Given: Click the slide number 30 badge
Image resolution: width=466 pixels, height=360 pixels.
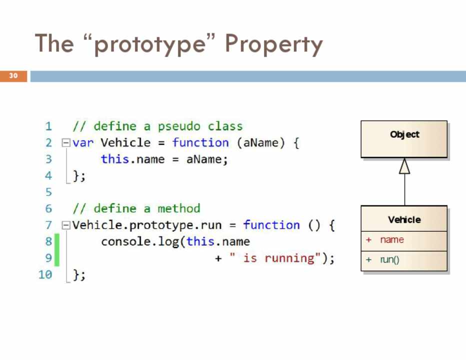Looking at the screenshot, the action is (x=13, y=76).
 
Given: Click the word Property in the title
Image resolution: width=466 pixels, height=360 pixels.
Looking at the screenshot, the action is (x=273, y=44).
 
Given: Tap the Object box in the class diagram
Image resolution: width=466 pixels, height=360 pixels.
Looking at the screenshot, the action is (x=404, y=139).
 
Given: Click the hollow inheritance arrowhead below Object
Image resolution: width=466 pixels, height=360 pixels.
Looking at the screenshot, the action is (x=404, y=166).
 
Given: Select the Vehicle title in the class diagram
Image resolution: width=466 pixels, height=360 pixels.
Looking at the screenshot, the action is (x=404, y=219).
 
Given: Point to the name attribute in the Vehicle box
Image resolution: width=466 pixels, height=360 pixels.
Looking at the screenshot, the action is (x=392, y=239).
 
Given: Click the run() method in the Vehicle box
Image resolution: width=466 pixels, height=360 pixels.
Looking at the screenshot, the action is (x=389, y=260).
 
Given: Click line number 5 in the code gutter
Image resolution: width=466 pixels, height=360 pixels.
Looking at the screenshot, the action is (x=48, y=192).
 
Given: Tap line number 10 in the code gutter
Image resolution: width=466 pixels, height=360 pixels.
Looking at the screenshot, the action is (x=45, y=274).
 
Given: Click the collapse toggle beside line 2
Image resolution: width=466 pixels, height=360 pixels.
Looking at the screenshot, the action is (x=65, y=143).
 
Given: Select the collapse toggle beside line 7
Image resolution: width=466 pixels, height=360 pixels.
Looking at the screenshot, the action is (x=65, y=225).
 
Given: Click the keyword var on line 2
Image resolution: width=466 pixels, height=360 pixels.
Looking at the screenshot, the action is (x=83, y=143).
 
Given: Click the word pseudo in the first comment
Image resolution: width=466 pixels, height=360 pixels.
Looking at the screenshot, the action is (x=179, y=127).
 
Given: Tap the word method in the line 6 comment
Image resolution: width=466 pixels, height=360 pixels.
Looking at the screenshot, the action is (x=179, y=208).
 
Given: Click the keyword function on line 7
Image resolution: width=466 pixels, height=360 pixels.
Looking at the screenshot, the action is (x=271, y=225).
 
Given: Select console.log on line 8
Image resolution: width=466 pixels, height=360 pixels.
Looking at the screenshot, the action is (x=140, y=242).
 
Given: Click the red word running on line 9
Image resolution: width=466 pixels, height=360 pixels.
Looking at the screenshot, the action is (x=289, y=258).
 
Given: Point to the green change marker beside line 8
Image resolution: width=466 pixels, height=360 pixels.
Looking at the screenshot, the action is (x=56, y=249).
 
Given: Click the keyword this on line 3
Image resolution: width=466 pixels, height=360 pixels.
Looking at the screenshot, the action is (x=114, y=159).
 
